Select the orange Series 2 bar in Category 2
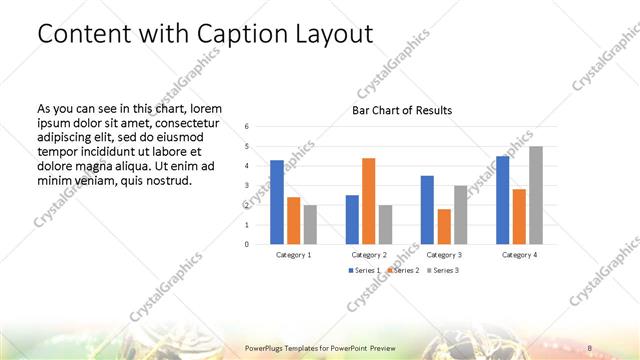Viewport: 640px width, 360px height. point(369,201)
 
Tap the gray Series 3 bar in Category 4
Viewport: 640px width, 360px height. point(536,195)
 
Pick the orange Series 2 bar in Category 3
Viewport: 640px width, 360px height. point(444,226)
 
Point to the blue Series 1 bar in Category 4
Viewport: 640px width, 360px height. point(502,200)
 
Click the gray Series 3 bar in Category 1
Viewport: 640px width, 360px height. point(310,224)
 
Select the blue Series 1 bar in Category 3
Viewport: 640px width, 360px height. point(427,210)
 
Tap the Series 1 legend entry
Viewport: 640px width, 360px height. point(364,271)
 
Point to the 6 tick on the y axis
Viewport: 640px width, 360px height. point(246,127)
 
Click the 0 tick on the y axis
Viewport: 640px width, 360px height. point(246,244)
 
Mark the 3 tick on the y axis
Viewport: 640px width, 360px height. point(246,186)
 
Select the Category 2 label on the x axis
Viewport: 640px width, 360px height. point(369,255)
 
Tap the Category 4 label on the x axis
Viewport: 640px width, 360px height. point(519,255)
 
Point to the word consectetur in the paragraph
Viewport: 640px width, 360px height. point(191,122)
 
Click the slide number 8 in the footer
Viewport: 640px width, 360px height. point(590,347)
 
